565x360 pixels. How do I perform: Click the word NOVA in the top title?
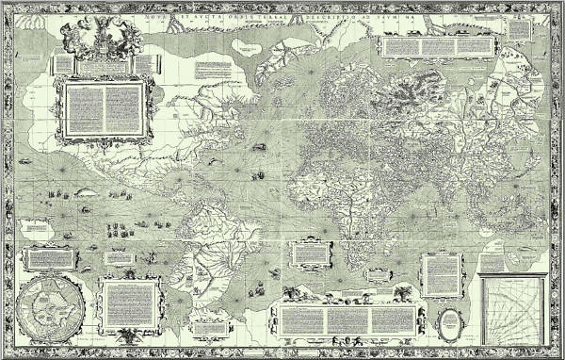139,18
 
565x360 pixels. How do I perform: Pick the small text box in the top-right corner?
521,29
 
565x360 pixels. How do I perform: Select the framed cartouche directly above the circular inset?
49,257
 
